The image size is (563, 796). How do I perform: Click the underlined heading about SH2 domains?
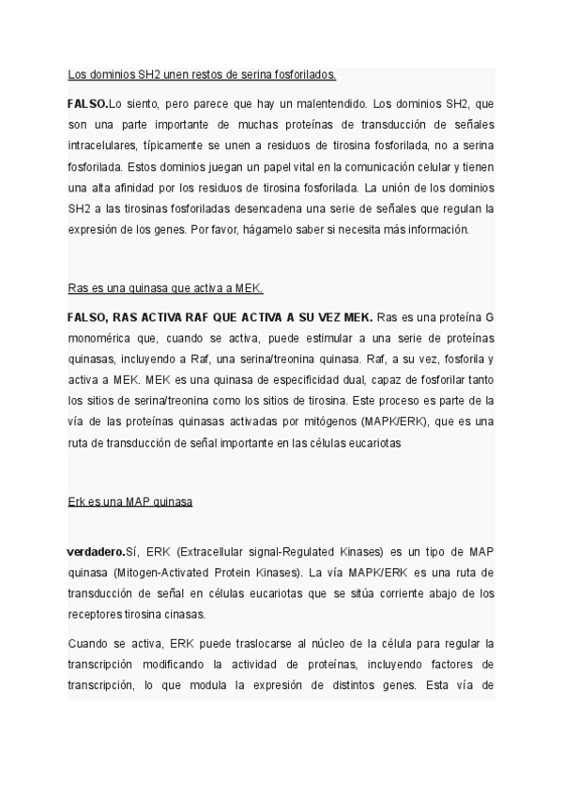(202, 73)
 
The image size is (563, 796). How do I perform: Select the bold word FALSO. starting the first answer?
(88, 103)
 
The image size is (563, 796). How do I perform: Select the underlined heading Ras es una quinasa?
(171, 287)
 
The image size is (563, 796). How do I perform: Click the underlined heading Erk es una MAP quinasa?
(129, 501)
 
